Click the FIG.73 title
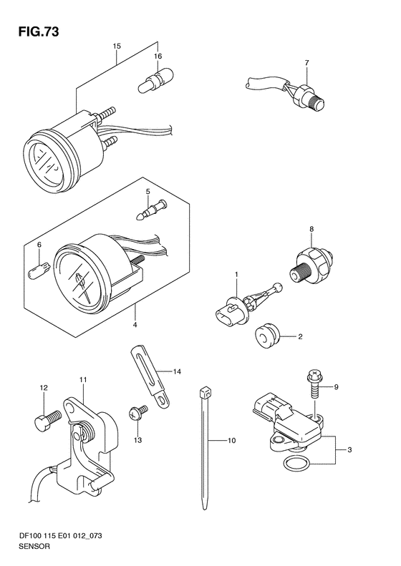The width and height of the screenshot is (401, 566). (x=38, y=32)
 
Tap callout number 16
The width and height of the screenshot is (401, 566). (x=158, y=56)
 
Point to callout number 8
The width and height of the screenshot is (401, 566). (x=311, y=229)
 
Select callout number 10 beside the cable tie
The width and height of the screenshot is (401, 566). (x=231, y=440)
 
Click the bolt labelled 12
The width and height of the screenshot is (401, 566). (x=48, y=421)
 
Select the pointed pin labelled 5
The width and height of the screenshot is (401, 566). (x=152, y=210)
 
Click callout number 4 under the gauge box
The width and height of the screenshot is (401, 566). (x=135, y=325)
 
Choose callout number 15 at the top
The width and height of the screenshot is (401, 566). (x=116, y=47)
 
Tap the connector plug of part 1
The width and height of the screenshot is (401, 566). (x=226, y=313)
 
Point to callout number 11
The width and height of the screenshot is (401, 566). (x=84, y=380)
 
